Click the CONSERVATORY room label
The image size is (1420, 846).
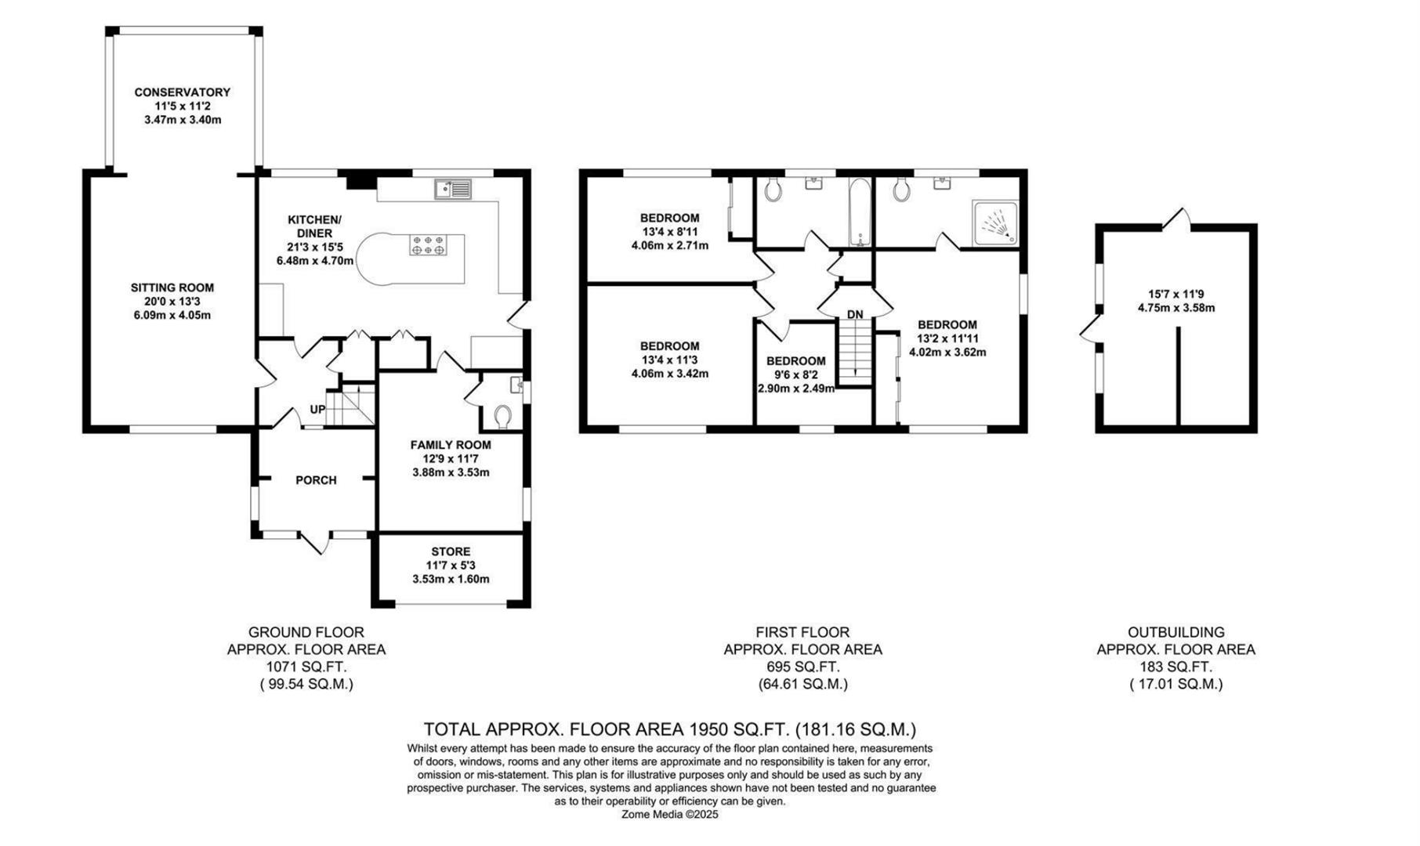click(182, 92)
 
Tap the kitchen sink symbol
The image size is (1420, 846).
click(452, 188)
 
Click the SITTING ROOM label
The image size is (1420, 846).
click(172, 287)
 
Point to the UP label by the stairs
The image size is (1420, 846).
click(317, 409)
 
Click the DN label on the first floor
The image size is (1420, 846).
click(854, 314)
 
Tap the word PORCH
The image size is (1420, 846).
click(316, 480)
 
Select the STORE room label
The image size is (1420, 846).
click(451, 551)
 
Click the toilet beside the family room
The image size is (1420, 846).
click(502, 415)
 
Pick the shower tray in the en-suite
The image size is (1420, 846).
click(995, 222)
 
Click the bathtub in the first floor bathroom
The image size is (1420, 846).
click(860, 211)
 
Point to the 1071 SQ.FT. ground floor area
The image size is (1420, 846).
click(306, 667)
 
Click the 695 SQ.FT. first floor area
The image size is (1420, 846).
click(802, 667)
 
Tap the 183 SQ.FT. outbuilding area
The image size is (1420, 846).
click(1175, 667)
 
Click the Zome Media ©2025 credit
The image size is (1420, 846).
click(669, 814)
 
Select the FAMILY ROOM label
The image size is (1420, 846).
click(451, 445)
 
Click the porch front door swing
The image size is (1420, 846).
click(314, 542)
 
